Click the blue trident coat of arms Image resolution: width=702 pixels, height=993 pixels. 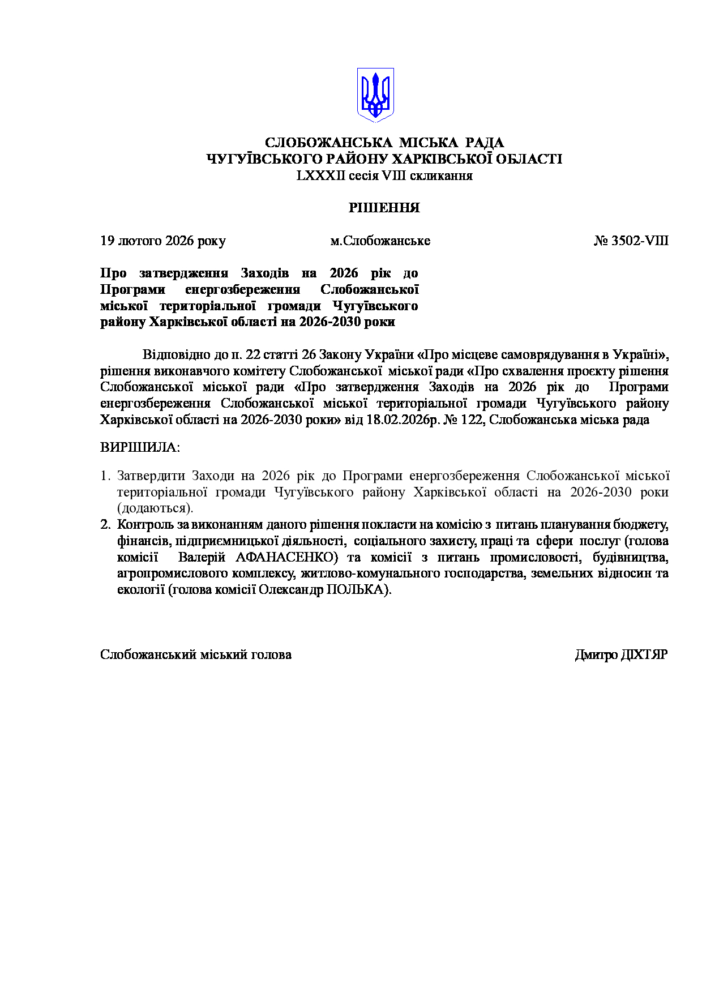[x=375, y=95]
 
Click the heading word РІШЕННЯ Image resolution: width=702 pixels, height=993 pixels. [x=384, y=208]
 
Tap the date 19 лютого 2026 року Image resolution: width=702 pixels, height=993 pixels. [x=163, y=241]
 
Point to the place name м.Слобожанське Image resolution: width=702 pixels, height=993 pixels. [x=380, y=241]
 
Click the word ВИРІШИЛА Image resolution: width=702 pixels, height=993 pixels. [x=139, y=447]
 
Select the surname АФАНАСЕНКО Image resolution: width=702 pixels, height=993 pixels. [x=286, y=557]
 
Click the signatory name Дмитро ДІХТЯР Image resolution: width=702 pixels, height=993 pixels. [x=621, y=654]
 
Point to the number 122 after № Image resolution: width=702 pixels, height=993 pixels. [x=473, y=420]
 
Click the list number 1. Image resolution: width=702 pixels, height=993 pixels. [x=104, y=476]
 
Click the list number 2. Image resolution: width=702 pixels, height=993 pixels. [x=105, y=524]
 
